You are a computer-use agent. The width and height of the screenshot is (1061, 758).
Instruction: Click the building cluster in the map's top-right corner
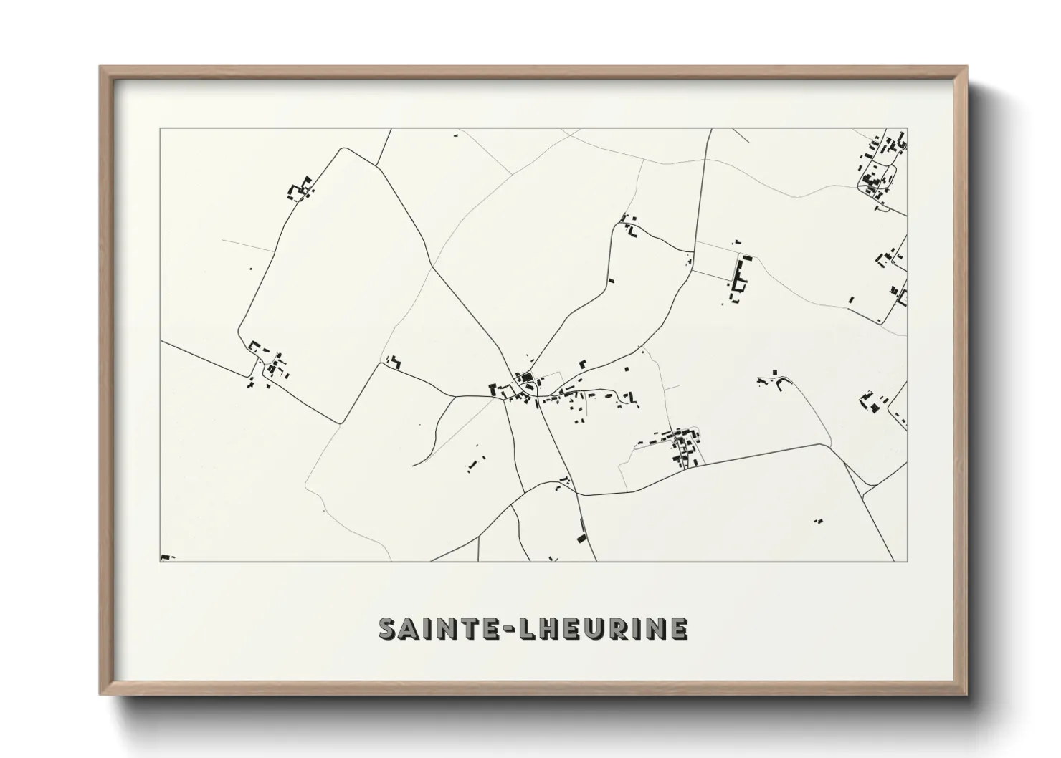coord(881,165)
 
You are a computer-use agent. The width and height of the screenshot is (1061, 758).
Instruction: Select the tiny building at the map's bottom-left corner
coord(166,557)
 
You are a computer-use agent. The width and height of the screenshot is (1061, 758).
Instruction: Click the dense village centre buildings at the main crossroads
coord(523,383)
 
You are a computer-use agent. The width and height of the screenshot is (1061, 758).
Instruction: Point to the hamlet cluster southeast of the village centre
coord(681,446)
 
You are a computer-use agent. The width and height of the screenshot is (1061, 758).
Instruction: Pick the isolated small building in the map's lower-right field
coord(819,521)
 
